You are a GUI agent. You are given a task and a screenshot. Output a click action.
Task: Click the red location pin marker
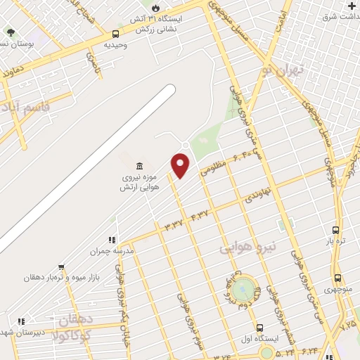pyautogui.click(x=181, y=165)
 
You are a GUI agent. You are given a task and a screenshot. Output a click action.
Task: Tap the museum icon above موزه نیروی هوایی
pyautogui.click(x=139, y=166)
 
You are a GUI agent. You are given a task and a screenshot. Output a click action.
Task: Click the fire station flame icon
pyautogui.click(x=146, y=8)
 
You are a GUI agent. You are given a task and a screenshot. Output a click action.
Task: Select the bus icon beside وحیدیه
pyautogui.click(x=115, y=33)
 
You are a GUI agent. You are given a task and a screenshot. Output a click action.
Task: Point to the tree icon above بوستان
pyautogui.click(x=11, y=32)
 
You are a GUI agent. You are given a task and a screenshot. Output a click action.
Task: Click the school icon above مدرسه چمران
pyautogui.click(x=112, y=240)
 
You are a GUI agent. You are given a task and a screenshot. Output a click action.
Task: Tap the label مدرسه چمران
pyautogui.click(x=111, y=250)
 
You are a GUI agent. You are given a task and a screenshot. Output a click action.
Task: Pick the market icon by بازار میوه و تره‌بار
pyautogui.click(x=62, y=266)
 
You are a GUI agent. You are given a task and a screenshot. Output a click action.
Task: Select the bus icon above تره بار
pyautogui.click(x=336, y=230)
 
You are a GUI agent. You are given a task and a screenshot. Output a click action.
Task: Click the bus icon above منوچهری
pyautogui.click(x=338, y=278)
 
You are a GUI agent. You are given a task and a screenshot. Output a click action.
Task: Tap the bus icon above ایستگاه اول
pyautogui.click(x=260, y=328)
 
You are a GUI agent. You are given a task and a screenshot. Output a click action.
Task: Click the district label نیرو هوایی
pyautogui.click(x=248, y=247)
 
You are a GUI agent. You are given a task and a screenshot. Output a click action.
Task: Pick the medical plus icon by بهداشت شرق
pyautogui.click(x=351, y=6)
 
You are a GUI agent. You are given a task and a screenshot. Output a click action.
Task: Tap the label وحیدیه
pyautogui.click(x=115, y=44)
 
